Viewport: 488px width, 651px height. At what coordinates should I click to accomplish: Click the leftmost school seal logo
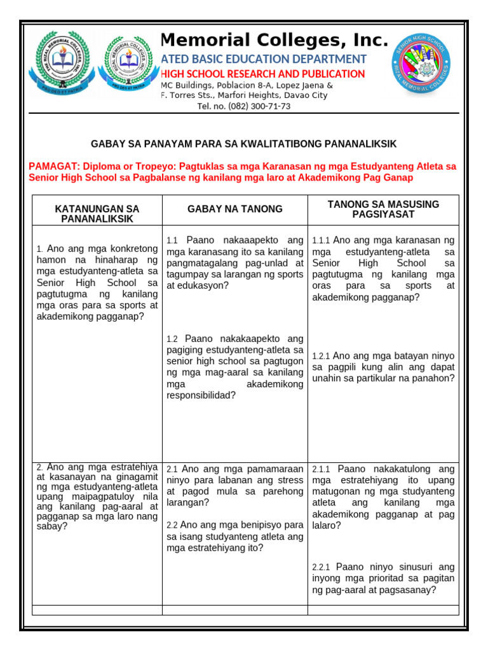(x=61, y=60)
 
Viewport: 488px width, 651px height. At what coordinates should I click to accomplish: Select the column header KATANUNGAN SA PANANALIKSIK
(x=97, y=214)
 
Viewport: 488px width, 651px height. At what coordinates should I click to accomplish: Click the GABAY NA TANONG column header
(x=235, y=209)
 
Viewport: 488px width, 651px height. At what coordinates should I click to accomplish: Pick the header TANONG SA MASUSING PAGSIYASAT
(x=383, y=209)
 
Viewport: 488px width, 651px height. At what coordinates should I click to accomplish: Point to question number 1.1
(x=172, y=241)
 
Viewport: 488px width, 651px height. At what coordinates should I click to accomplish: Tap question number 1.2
(x=172, y=339)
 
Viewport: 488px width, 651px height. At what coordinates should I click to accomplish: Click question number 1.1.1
(x=321, y=241)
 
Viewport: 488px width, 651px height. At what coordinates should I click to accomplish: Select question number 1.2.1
(x=321, y=357)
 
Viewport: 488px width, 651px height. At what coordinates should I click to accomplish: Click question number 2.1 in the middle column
(x=172, y=469)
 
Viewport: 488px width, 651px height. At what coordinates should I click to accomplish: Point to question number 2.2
(x=172, y=526)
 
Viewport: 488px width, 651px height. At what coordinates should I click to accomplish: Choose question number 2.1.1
(x=321, y=469)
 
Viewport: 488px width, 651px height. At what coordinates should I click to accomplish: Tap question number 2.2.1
(x=321, y=567)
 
